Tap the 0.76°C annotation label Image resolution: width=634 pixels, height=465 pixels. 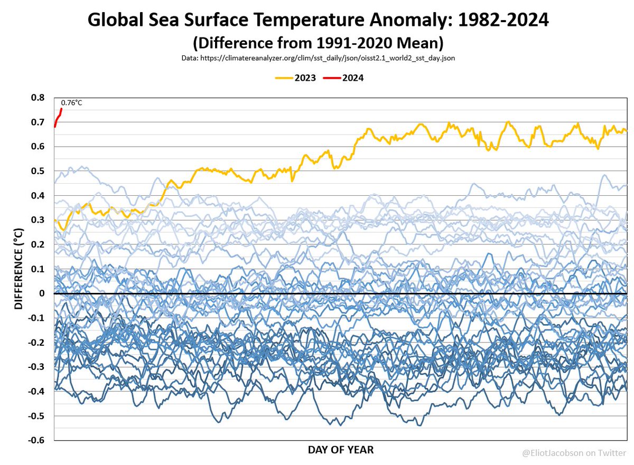72,102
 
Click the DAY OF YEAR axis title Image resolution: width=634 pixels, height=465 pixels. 340,450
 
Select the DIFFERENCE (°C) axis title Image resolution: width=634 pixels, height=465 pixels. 18,269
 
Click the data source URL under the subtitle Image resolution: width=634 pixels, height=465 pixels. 316,58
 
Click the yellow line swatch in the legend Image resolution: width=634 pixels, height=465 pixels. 284,78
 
